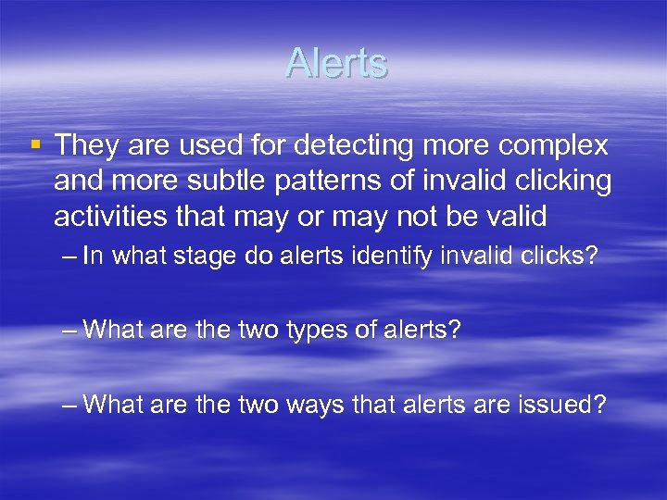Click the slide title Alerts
(x=336, y=63)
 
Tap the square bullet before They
(x=35, y=145)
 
